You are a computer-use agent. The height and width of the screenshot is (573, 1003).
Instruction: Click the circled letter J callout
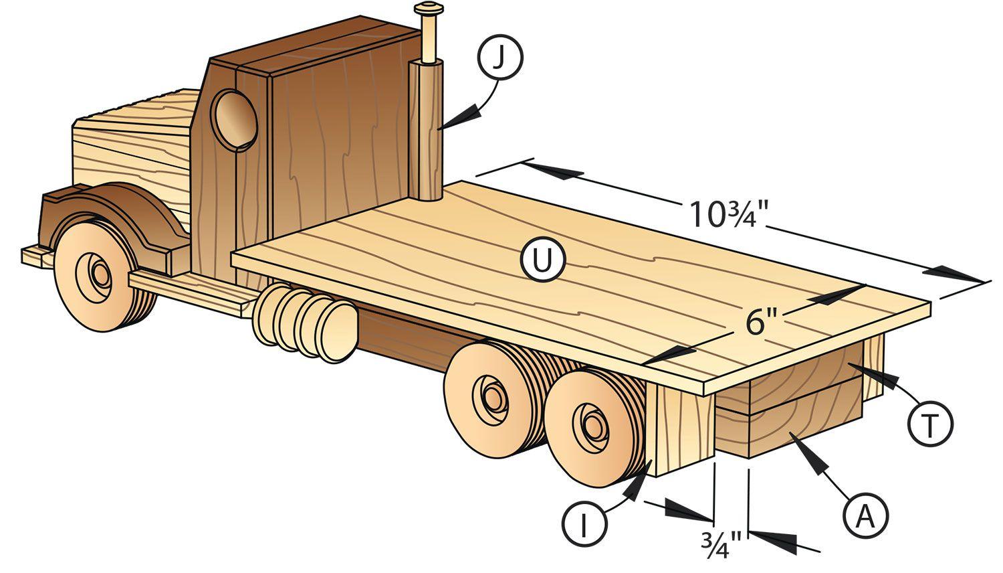[499, 58]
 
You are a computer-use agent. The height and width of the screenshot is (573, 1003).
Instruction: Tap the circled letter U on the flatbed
[543, 259]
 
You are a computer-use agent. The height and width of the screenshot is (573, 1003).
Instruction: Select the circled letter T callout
[931, 423]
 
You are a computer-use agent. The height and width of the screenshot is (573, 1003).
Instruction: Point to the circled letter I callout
[584, 523]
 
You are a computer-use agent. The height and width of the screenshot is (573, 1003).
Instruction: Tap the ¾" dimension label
[721, 545]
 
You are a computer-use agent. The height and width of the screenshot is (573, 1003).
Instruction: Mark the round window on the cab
[234, 120]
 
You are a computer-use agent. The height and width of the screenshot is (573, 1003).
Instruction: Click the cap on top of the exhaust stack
[429, 9]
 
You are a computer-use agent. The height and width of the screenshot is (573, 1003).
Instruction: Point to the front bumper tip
[31, 257]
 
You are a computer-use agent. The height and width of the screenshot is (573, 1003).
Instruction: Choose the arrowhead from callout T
[873, 377]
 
